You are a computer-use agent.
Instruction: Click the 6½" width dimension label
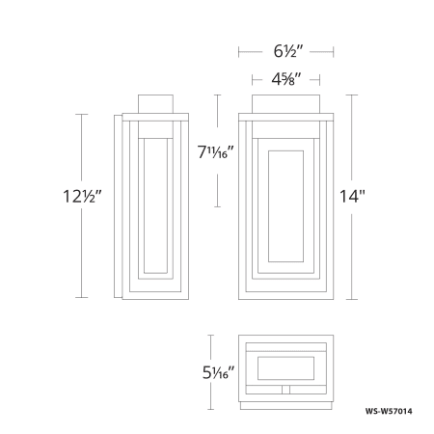tap(288, 51)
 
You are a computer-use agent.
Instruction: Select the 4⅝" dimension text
tap(286, 79)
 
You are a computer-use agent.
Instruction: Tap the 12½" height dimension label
tap(82, 196)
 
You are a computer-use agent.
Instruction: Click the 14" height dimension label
tap(352, 196)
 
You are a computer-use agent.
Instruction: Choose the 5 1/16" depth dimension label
tap(218, 373)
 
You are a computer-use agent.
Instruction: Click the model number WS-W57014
tap(389, 411)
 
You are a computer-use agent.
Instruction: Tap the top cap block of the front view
tap(285, 104)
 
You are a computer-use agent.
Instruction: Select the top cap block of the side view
tap(155, 104)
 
